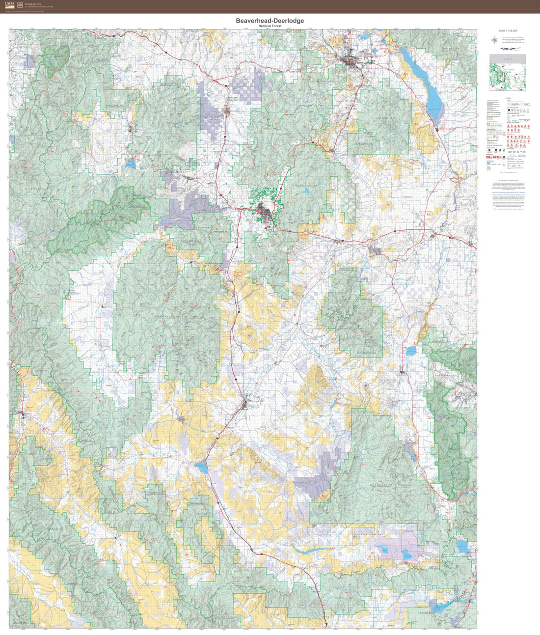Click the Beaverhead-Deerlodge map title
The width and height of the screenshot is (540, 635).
click(x=270, y=21)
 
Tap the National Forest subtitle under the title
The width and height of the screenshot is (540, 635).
click(x=270, y=26)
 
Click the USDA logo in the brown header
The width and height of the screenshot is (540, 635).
click(x=10, y=5)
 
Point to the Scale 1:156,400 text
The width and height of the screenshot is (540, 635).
click(x=508, y=31)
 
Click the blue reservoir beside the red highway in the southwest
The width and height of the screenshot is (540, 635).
click(x=201, y=466)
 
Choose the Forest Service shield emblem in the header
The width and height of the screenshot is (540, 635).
click(x=20, y=5)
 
